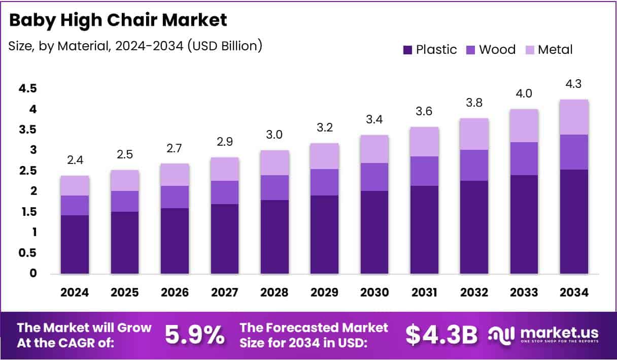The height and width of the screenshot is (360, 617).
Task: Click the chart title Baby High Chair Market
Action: click(118, 20)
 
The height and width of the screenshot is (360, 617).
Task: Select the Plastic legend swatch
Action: click(407, 50)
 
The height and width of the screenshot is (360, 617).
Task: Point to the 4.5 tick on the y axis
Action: click(28, 89)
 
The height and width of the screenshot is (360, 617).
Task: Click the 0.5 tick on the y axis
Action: click(28, 253)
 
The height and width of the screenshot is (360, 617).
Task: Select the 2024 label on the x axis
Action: click(75, 292)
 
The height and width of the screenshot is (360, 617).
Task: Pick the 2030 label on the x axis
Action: click(374, 292)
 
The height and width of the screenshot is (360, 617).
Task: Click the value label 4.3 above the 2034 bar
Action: click(574, 84)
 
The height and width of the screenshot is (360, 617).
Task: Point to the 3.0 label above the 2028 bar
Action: click(275, 135)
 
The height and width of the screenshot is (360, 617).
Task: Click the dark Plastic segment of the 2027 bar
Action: click(225, 239)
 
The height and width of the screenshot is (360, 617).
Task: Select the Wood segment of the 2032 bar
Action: click(474, 165)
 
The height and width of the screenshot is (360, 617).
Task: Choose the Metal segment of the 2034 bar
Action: click(574, 117)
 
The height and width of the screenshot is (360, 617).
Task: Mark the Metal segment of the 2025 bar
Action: click(125, 180)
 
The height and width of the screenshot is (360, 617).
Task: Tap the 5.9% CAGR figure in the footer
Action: click(195, 335)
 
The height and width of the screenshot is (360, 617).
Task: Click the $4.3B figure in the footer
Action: click(441, 335)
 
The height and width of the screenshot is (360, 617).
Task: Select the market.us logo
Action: click(543, 335)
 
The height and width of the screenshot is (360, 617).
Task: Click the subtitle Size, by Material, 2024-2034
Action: click(135, 46)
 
